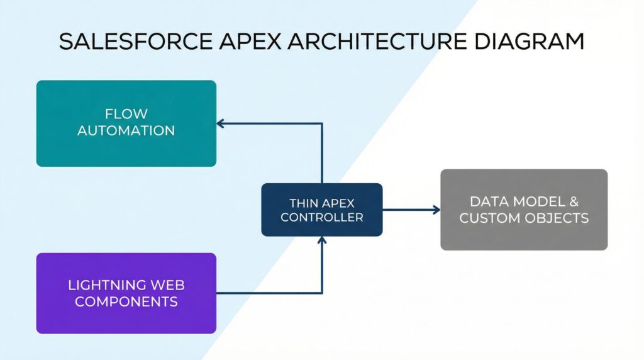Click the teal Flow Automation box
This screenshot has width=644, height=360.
click(126, 123)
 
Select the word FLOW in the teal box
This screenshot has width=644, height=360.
click(126, 114)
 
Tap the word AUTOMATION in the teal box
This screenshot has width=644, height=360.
click(126, 131)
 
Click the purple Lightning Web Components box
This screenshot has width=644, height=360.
click(126, 293)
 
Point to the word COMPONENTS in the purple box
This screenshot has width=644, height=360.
click(126, 301)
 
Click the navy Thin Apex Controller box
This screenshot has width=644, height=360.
click(321, 210)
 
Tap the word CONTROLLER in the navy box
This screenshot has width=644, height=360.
click(321, 217)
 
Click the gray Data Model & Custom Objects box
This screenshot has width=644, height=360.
click(524, 210)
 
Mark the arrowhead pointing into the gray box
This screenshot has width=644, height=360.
click(436, 210)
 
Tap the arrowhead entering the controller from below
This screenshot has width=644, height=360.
click(322, 240)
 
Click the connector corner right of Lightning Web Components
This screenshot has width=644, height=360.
click(322, 293)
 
